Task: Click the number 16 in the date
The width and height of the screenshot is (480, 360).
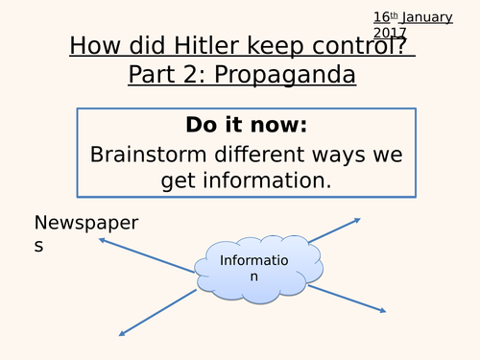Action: click(x=382, y=16)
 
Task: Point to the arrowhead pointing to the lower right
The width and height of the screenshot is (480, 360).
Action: click(x=383, y=311)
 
